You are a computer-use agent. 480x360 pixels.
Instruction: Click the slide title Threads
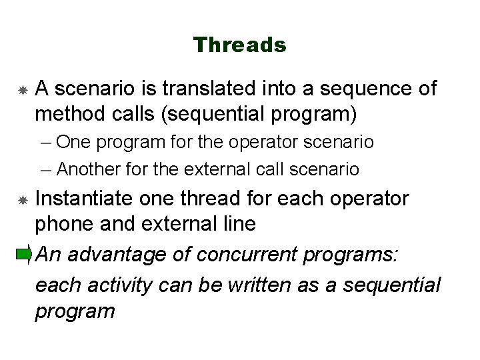(x=240, y=45)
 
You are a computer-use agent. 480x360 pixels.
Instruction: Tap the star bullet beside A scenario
(x=23, y=89)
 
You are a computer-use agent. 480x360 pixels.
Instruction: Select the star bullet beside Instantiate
(x=23, y=199)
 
